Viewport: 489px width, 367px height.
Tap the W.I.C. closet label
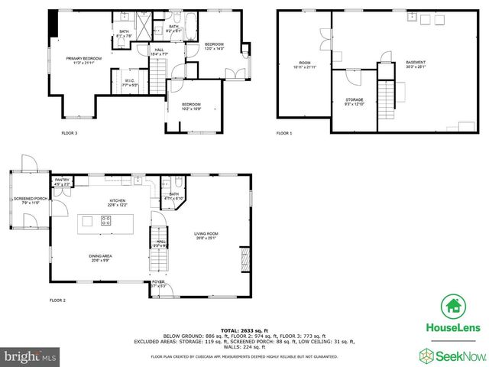point(129,83)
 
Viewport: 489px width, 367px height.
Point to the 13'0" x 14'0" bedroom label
point(214,47)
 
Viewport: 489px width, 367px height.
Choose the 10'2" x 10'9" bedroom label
point(191,106)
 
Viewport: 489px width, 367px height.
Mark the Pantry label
point(62,182)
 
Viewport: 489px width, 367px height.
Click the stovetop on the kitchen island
point(106,222)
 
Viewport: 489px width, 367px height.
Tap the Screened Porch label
point(30,200)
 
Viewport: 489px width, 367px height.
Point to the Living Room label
point(206,235)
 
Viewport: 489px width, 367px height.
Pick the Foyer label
point(158,284)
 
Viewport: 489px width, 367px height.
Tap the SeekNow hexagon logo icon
point(426,354)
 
